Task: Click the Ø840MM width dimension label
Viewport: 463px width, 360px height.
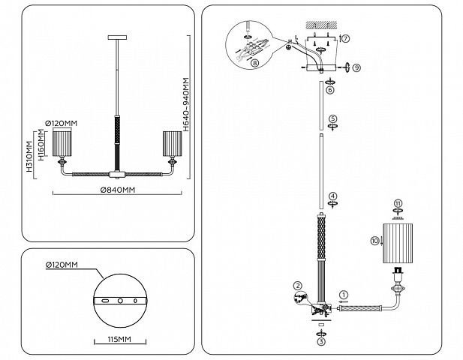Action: pyautogui.click(x=118, y=190)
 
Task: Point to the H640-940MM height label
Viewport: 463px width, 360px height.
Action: pyautogui.click(x=186, y=104)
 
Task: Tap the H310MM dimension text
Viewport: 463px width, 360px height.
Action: pyautogui.click(x=29, y=157)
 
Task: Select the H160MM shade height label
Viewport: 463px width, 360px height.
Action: pyautogui.click(x=41, y=145)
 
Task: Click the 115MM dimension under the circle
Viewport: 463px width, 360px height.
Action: pyautogui.click(x=119, y=339)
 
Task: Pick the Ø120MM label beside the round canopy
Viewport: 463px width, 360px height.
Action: pyautogui.click(x=62, y=265)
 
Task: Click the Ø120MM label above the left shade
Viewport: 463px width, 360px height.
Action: pyautogui.click(x=61, y=123)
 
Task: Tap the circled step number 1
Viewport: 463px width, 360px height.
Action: pyautogui.click(x=344, y=295)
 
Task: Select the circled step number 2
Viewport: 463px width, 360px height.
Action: pyautogui.click(x=298, y=286)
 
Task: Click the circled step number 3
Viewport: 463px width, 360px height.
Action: pyautogui.click(x=321, y=342)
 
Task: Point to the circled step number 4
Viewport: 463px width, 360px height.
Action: pyautogui.click(x=332, y=196)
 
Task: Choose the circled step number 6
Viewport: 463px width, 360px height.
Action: pyautogui.click(x=330, y=90)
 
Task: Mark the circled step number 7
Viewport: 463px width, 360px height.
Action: pyautogui.click(x=346, y=38)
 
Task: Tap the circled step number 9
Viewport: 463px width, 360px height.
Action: pyautogui.click(x=356, y=67)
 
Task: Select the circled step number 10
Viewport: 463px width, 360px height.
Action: pyautogui.click(x=374, y=241)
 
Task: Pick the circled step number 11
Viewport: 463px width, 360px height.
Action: pyautogui.click(x=398, y=203)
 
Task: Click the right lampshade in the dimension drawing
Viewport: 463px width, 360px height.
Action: pyautogui.click(x=172, y=143)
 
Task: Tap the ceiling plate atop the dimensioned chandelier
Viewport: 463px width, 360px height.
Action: pyautogui.click(x=118, y=37)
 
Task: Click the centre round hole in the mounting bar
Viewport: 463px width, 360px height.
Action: pyautogui.click(x=120, y=301)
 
